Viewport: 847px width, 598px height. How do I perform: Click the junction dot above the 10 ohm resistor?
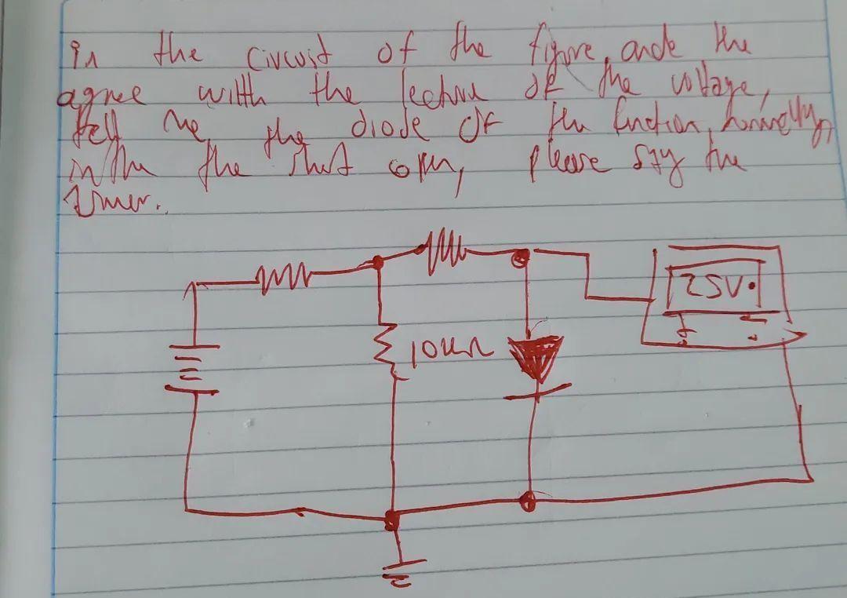pos(378,261)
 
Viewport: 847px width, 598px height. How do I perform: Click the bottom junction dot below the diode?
pos(530,498)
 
